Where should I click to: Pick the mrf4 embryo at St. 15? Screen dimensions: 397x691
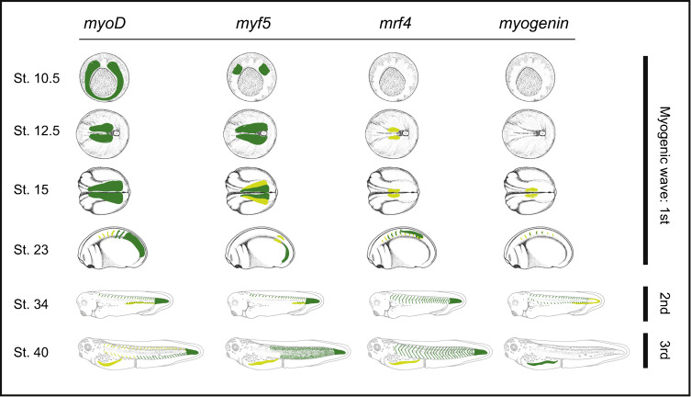(395, 191)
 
